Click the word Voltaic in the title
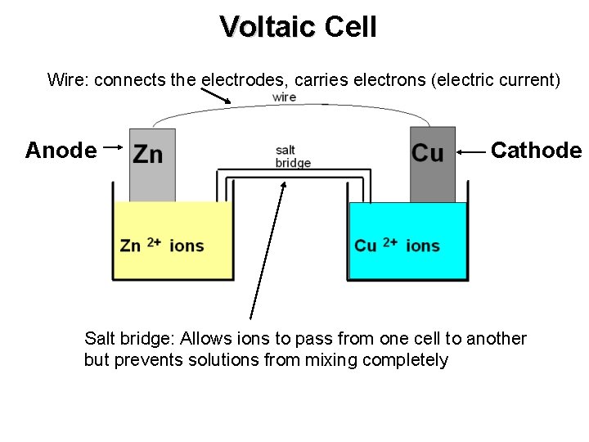point(267,27)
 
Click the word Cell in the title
point(350,27)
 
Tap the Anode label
point(61,151)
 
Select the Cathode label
point(536,151)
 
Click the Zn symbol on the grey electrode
point(148,154)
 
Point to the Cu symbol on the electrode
point(428,153)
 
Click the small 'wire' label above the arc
point(284,97)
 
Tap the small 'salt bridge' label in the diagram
point(292,156)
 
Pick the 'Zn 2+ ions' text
point(162,245)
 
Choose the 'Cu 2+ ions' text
point(397,245)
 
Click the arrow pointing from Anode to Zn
point(114,147)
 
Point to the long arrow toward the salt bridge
point(267,250)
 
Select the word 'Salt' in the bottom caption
point(101,339)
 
